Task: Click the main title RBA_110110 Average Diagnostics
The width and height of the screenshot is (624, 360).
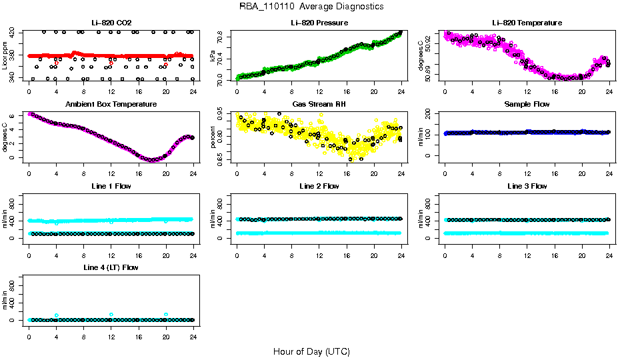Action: tap(311, 6)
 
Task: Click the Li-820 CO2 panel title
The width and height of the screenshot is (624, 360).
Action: tap(111, 23)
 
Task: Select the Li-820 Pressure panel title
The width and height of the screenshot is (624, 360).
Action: tap(319, 23)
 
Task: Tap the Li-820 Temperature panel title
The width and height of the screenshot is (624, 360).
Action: tap(527, 23)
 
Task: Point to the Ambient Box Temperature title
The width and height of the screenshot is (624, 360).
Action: tap(111, 105)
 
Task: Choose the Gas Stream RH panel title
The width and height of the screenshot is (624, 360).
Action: tap(319, 105)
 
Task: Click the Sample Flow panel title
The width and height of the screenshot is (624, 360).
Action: tap(527, 105)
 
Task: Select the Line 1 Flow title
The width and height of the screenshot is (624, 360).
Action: tap(111, 186)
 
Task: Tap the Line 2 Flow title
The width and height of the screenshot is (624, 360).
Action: tap(319, 186)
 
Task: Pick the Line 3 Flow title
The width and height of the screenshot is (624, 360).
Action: tap(527, 186)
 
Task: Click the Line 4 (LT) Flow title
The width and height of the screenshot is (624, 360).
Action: tap(111, 267)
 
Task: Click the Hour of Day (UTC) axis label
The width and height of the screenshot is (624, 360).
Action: tap(311, 351)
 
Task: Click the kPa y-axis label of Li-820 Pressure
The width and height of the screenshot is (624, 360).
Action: tap(213, 56)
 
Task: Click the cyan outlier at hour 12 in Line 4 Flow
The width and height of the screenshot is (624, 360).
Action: tap(111, 314)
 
